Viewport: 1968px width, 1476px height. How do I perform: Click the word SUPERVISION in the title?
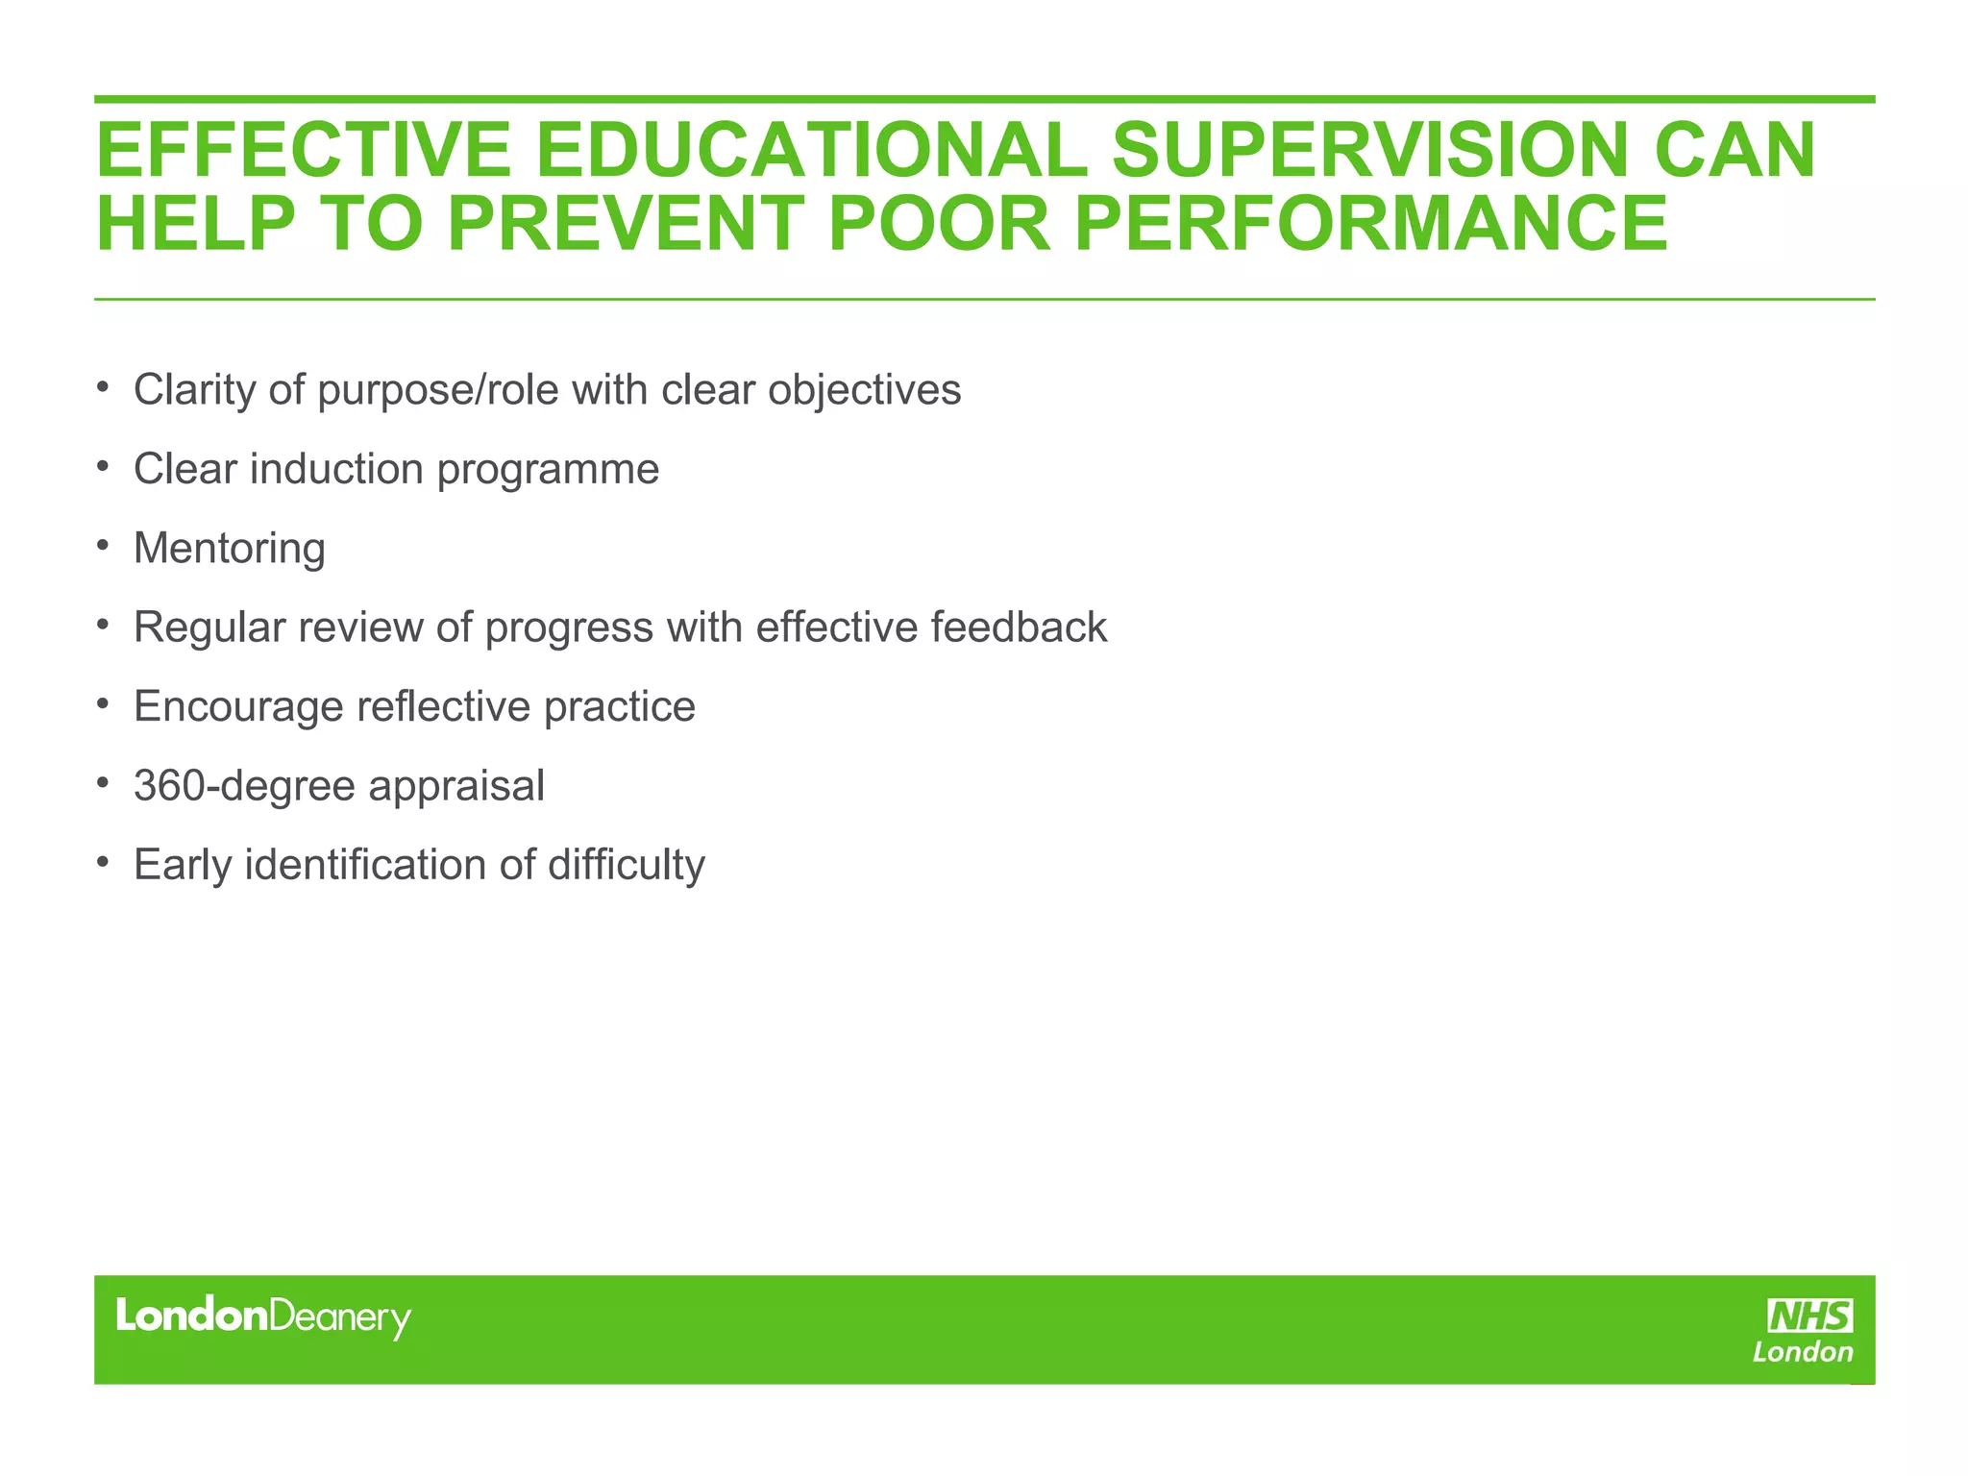pos(1367,150)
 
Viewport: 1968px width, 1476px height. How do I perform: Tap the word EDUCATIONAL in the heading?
pos(812,150)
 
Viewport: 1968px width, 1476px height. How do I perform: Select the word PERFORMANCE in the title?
pos(1371,224)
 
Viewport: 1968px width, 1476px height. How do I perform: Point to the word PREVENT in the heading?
pos(626,224)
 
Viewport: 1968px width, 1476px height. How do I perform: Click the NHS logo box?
pos(1810,1316)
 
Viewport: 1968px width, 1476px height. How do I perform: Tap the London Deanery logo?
pos(263,1316)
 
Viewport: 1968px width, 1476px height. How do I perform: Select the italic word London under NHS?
pos(1803,1352)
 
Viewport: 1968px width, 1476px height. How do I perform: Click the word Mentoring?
pos(230,549)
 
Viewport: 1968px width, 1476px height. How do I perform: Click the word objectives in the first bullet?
pos(864,390)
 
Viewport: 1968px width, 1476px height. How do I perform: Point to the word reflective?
pos(443,707)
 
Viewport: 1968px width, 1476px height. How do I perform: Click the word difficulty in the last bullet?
pos(627,865)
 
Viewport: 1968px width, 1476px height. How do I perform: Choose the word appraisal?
pos(456,786)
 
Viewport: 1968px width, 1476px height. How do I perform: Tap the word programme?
pos(548,470)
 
